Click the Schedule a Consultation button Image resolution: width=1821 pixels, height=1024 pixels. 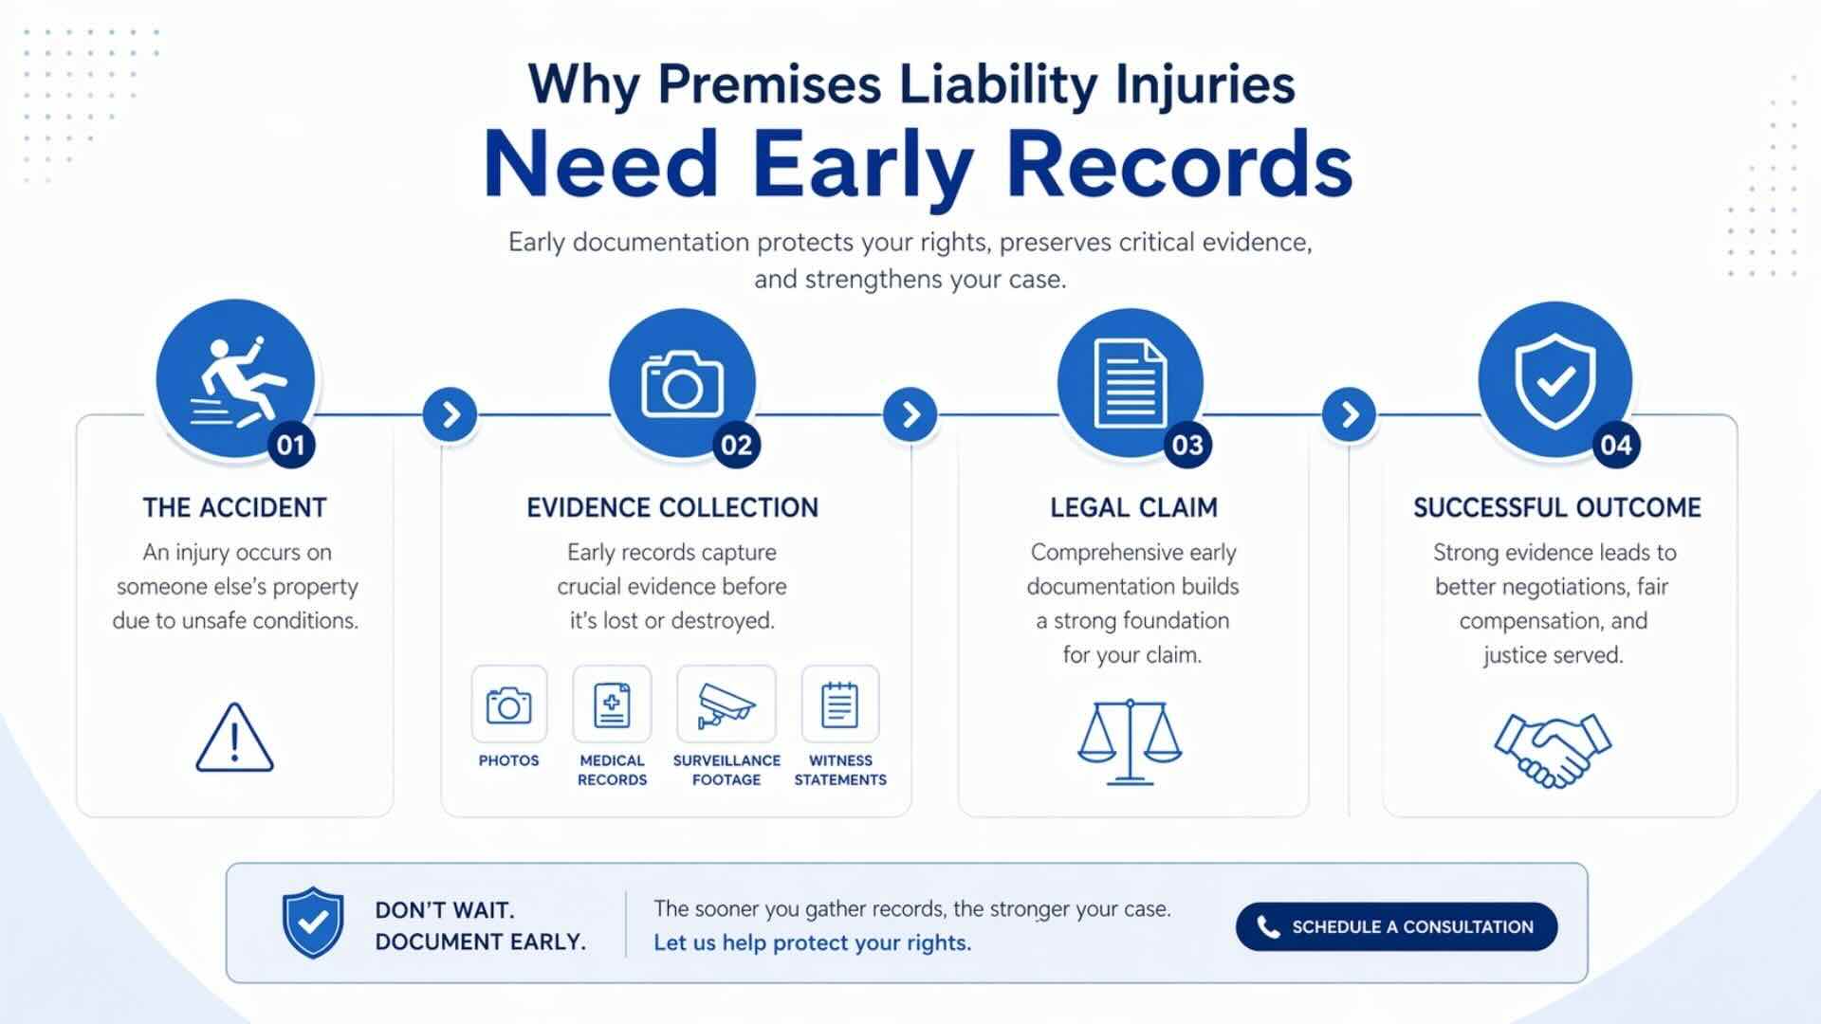click(x=1396, y=926)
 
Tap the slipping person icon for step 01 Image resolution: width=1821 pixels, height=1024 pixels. click(x=236, y=380)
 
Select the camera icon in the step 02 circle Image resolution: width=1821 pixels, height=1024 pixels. click(x=682, y=384)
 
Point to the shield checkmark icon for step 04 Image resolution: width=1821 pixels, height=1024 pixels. click(x=1554, y=380)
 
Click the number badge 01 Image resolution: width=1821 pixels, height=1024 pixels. click(x=291, y=445)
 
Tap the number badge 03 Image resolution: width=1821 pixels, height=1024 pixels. click(x=1187, y=445)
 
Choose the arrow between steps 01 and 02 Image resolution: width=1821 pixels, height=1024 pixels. click(x=451, y=414)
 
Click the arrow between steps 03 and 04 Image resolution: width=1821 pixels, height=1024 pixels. click(x=1349, y=414)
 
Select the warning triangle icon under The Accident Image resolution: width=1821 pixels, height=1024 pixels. click(x=234, y=738)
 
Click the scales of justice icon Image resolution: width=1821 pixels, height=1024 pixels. click(x=1130, y=742)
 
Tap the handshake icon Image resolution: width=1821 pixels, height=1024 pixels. click(x=1553, y=750)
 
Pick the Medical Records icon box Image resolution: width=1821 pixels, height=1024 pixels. click(x=612, y=704)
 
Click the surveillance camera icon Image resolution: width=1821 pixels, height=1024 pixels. click(x=726, y=704)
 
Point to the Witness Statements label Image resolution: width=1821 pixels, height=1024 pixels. click(x=840, y=770)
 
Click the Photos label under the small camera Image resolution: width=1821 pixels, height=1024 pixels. click(x=508, y=760)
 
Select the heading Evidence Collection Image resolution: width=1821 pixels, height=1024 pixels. click(x=671, y=508)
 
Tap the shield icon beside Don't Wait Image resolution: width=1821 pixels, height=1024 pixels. click(x=313, y=922)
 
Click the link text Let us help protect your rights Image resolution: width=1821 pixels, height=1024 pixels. click(x=812, y=942)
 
